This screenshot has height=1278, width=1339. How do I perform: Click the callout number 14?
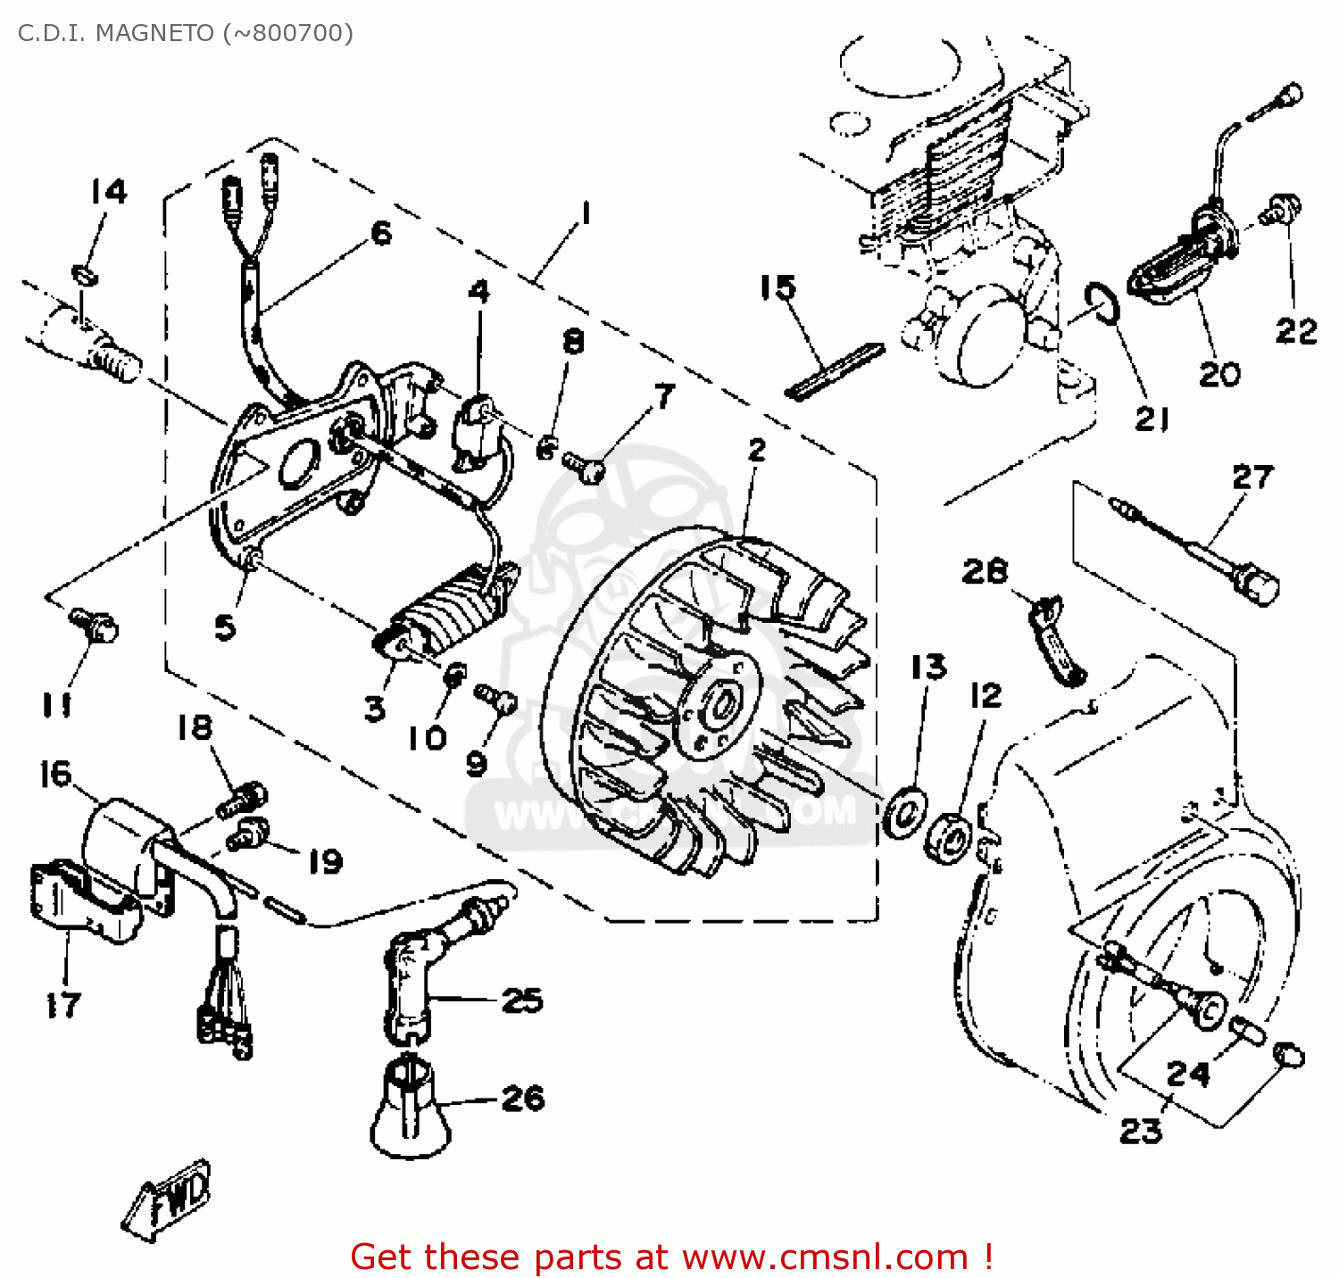[109, 191]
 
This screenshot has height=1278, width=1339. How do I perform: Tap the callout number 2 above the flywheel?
[757, 449]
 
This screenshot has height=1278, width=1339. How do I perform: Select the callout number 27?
[1252, 477]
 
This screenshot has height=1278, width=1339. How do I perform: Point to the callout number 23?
[1141, 1131]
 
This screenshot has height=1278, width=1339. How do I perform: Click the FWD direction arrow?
[169, 1199]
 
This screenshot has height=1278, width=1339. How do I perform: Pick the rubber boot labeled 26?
[411, 1107]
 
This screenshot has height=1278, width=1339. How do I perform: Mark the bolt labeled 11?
[95, 624]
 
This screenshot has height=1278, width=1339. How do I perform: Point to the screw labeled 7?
[585, 466]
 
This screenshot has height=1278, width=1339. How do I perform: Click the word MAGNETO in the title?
[154, 33]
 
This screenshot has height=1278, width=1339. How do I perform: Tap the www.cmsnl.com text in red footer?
[825, 1257]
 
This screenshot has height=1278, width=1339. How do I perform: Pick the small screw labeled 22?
[1282, 211]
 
